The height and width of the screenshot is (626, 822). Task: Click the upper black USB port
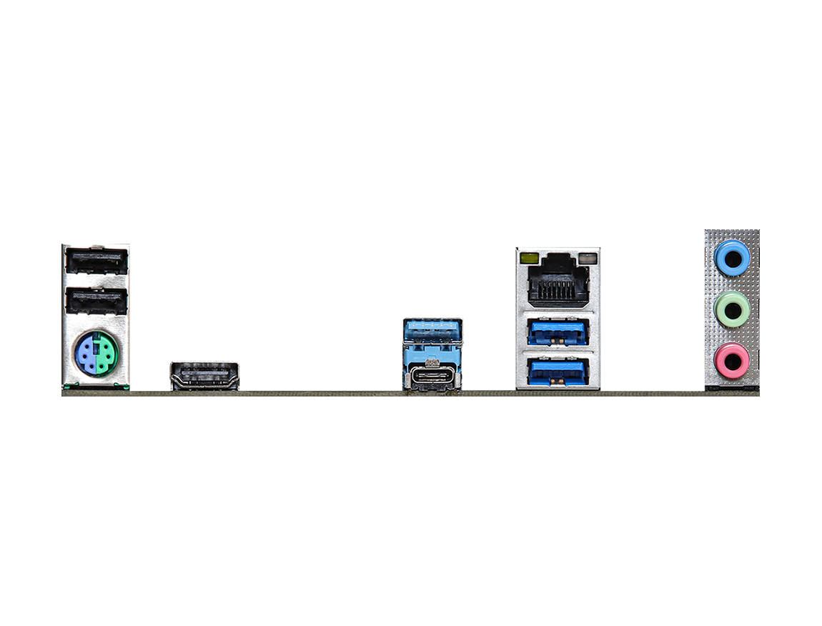(96, 262)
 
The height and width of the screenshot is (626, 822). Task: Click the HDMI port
(204, 375)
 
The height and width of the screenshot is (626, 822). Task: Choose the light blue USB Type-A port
(432, 332)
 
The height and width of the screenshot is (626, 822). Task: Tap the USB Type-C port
(432, 377)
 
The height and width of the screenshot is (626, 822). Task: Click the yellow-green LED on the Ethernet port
(530, 257)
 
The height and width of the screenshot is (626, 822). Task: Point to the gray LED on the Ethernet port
(588, 257)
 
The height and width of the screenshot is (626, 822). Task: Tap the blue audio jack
(732, 257)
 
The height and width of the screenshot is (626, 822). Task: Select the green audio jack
(732, 309)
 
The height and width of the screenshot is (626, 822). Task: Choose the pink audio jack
(732, 361)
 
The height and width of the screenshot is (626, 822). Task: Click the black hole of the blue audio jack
(732, 257)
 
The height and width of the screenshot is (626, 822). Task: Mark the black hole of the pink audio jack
(732, 361)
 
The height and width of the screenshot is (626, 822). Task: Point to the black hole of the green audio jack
(732, 309)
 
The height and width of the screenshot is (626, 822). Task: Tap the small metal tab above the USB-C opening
(432, 362)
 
